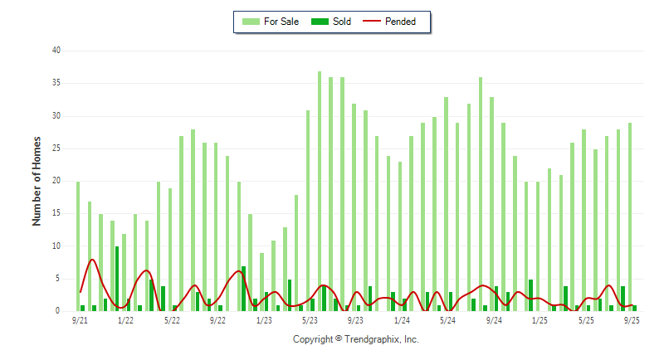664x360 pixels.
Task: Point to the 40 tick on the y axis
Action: click(56, 51)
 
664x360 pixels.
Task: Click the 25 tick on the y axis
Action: click(56, 148)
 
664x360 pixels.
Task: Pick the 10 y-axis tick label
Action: click(56, 246)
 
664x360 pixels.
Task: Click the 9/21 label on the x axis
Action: click(80, 320)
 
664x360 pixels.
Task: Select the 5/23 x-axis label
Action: click(310, 320)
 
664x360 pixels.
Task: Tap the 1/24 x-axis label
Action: click(402, 320)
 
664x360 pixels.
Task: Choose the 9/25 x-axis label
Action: click(631, 320)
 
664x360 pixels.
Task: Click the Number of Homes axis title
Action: click(37, 181)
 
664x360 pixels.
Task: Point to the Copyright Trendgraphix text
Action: click(356, 339)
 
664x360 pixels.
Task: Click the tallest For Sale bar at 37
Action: click(320, 191)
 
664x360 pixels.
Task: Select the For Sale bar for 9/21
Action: click(78, 246)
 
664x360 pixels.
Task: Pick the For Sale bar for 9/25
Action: click(630, 217)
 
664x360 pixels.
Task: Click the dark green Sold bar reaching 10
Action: click(117, 279)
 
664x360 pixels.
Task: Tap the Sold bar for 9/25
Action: click(635, 308)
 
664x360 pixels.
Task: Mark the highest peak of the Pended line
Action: click(92, 260)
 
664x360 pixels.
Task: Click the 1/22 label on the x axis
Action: click(126, 320)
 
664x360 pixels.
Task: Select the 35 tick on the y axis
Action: click(56, 83)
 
